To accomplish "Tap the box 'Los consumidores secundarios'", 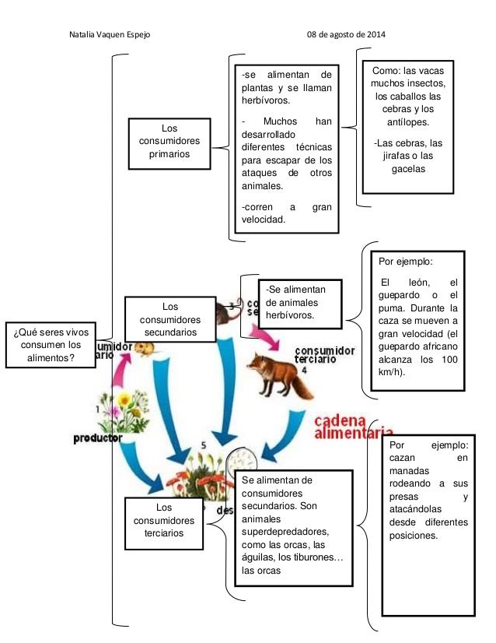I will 169,319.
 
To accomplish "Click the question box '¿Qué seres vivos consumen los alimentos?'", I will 48,345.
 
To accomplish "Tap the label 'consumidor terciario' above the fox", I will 325,355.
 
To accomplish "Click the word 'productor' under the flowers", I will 98,438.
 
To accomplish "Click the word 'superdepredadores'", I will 285,532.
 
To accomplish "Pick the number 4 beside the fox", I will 304,371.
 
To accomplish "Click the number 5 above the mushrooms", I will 204,444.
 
